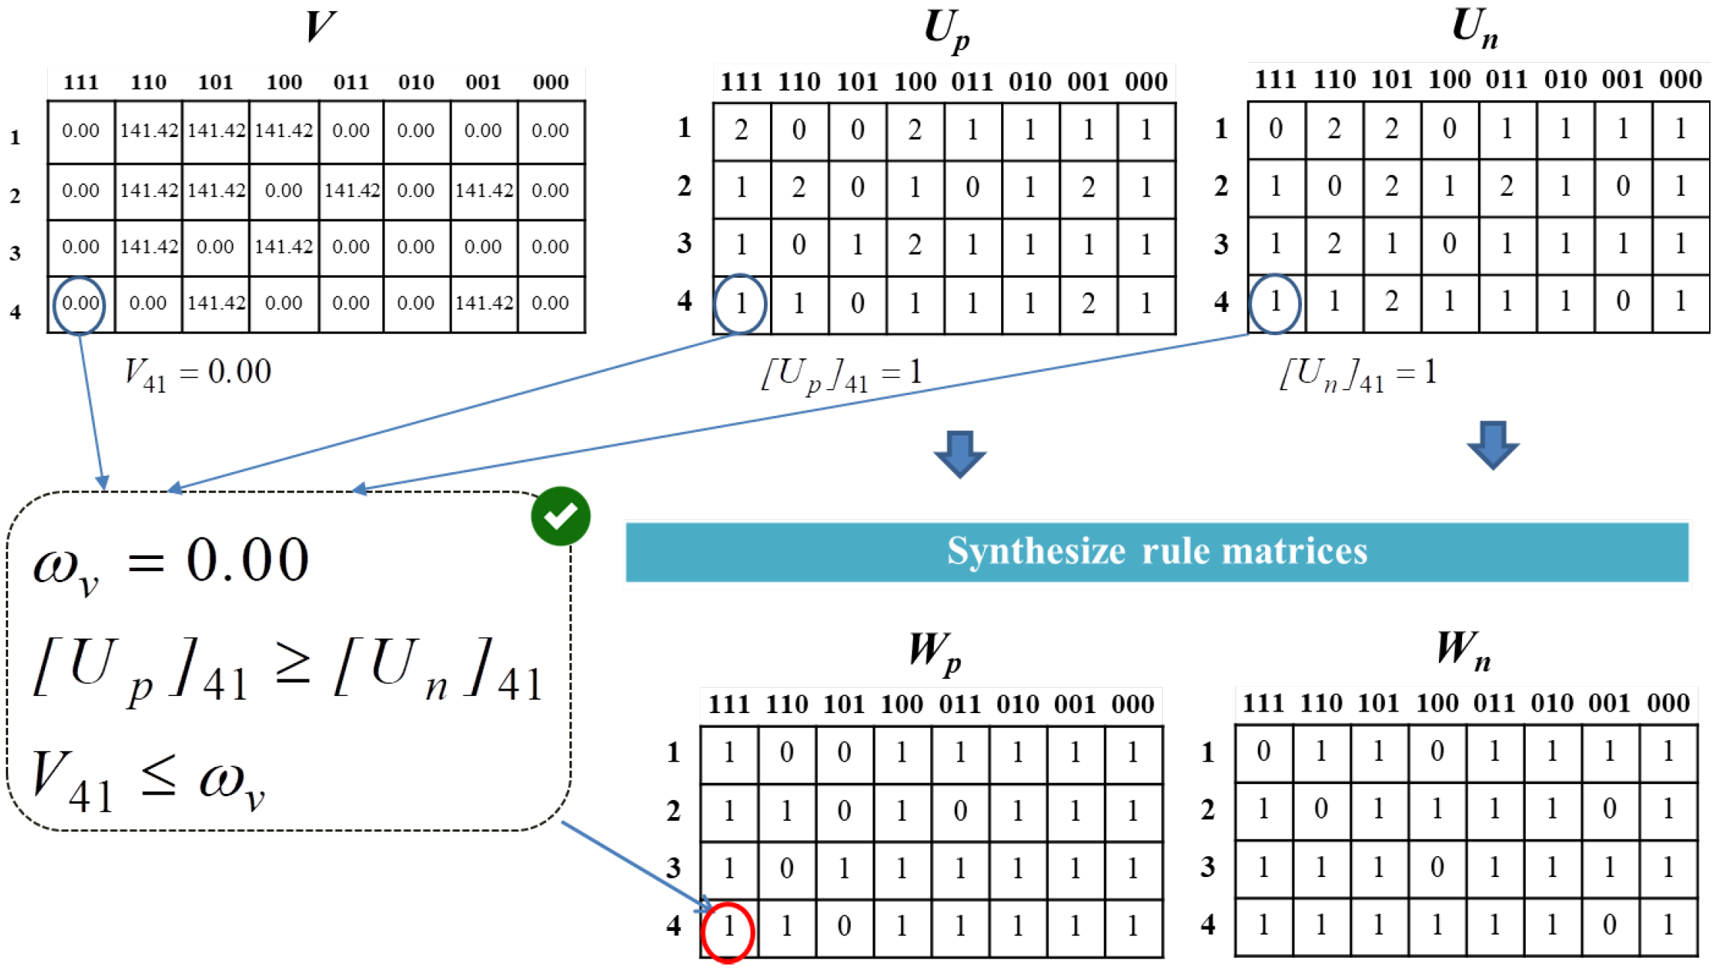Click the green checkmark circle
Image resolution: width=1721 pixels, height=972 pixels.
click(560, 516)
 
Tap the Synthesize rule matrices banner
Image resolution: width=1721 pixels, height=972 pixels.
click(1157, 551)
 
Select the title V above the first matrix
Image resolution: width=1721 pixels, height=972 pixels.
click(320, 27)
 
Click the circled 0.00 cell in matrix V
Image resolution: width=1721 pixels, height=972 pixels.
click(79, 304)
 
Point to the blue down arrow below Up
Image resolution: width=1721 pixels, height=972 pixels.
click(960, 453)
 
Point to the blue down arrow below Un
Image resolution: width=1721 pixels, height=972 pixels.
click(1493, 445)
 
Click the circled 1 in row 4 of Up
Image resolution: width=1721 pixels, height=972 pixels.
click(741, 304)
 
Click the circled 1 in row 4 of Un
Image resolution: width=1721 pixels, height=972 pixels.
click(1275, 302)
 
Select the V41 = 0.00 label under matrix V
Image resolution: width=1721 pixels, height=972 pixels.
click(198, 373)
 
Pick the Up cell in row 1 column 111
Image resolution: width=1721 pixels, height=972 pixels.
click(741, 131)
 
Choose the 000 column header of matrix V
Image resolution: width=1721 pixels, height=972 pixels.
click(551, 82)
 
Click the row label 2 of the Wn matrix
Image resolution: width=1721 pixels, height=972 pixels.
click(1208, 810)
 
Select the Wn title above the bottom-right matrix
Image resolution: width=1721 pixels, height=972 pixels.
click(1463, 649)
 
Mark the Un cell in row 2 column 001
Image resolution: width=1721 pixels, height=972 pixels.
click(1622, 187)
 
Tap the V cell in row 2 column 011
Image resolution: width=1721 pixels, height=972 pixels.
click(351, 191)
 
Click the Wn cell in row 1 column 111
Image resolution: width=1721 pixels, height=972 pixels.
click(1264, 752)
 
